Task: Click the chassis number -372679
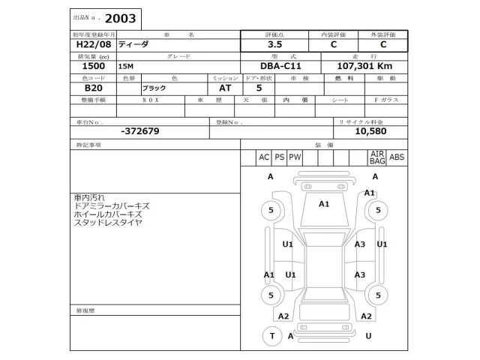(139, 131)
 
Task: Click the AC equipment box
(263, 157)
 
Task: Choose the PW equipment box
(295, 157)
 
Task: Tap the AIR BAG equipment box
(376, 157)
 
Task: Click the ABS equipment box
(397, 157)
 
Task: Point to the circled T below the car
(271, 336)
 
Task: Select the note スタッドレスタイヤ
(108, 223)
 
